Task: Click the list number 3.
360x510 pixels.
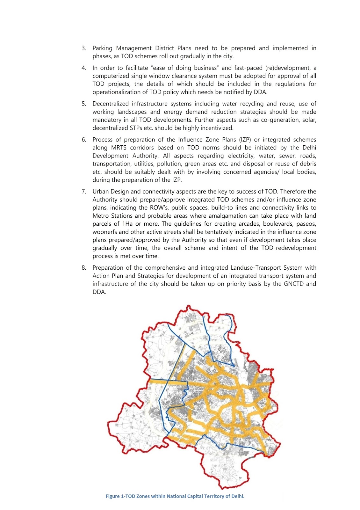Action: click(84, 48)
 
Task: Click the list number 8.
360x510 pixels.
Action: click(84, 268)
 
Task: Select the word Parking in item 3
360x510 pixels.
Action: click(102, 48)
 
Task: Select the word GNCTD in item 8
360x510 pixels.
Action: click(292, 284)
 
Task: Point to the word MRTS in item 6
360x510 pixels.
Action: click(119, 148)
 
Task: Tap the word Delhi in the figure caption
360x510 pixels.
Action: click(237, 496)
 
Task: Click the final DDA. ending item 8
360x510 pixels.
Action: click(99, 292)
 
